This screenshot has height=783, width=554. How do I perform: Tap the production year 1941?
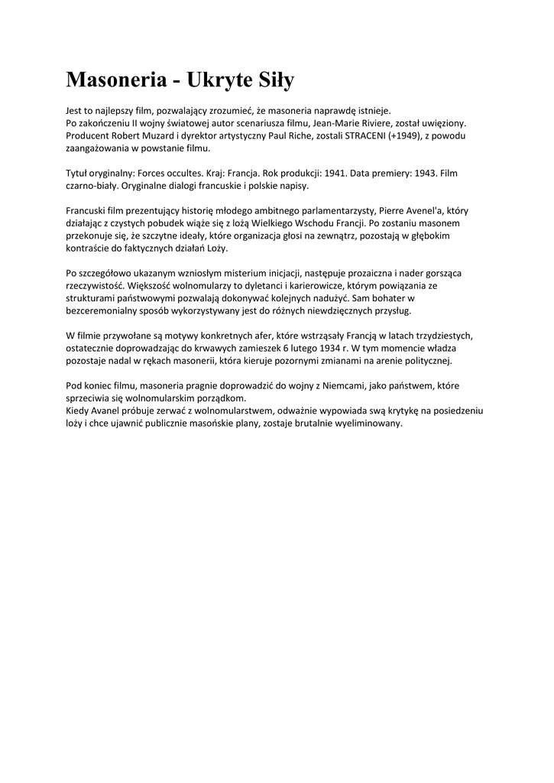pos(329,174)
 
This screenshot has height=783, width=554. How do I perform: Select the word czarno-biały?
pos(92,186)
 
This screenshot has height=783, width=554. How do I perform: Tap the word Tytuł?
pos(78,174)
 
